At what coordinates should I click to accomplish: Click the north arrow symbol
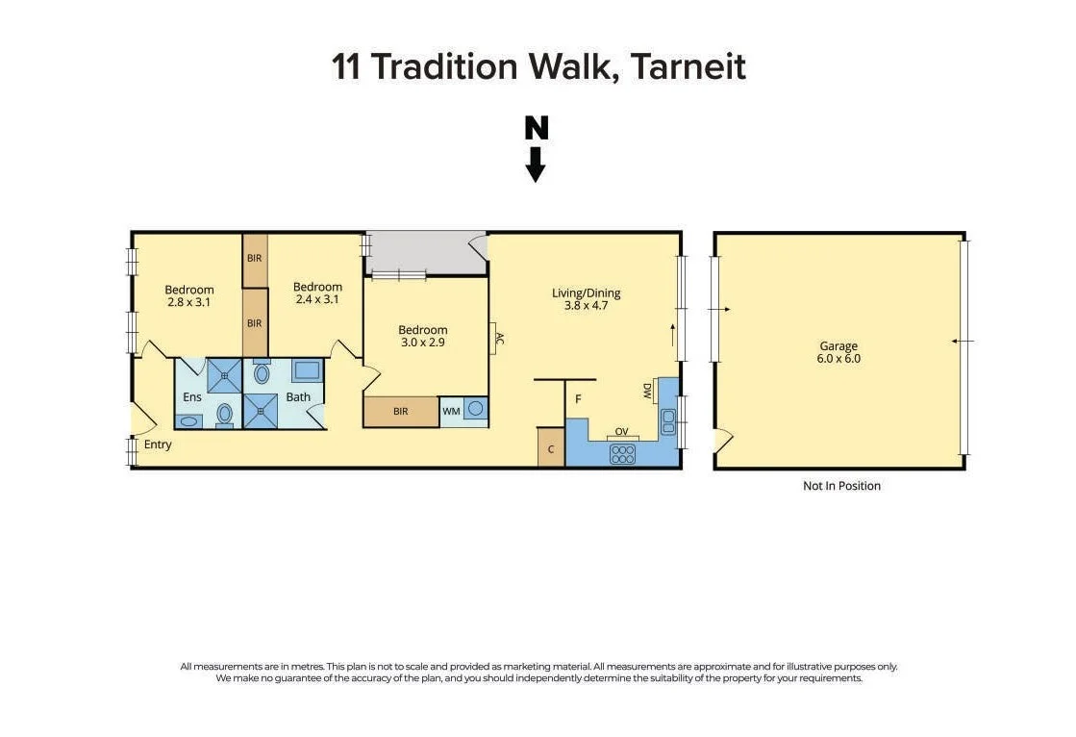tap(536, 148)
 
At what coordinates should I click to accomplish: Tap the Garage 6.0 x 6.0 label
tap(838, 352)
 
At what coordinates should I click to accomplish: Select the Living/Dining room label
tap(586, 299)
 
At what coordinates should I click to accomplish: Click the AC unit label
tap(499, 338)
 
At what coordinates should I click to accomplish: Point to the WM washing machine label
tap(450, 411)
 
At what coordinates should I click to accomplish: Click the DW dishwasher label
tap(647, 391)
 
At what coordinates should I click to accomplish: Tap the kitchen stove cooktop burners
tap(622, 453)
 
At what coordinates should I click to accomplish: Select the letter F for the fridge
tap(578, 397)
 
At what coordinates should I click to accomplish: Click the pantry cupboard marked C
tap(551, 448)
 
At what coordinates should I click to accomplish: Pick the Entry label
tap(158, 445)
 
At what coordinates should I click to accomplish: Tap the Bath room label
tap(298, 396)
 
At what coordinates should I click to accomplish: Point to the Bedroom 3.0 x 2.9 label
tap(423, 336)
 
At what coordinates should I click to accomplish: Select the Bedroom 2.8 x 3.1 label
tap(188, 295)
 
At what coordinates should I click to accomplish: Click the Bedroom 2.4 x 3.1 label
tap(317, 292)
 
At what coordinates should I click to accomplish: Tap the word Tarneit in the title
tap(688, 67)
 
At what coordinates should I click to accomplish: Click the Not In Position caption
tap(841, 486)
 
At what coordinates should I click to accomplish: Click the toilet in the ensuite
tap(224, 413)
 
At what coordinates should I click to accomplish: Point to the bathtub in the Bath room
tap(307, 371)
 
